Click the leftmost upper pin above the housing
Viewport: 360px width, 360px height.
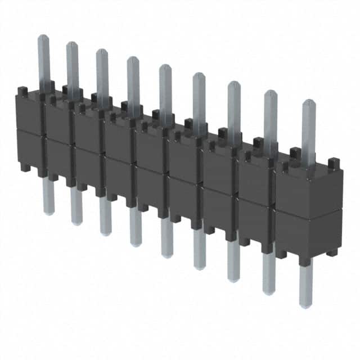click(44, 59)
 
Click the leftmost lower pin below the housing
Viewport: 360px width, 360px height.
click(49, 197)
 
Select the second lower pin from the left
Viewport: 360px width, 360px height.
click(76, 206)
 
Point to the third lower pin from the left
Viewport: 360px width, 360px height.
click(105, 217)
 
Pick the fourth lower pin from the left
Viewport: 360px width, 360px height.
click(136, 227)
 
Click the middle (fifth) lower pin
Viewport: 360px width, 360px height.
click(167, 239)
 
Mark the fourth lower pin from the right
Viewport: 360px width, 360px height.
click(200, 251)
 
